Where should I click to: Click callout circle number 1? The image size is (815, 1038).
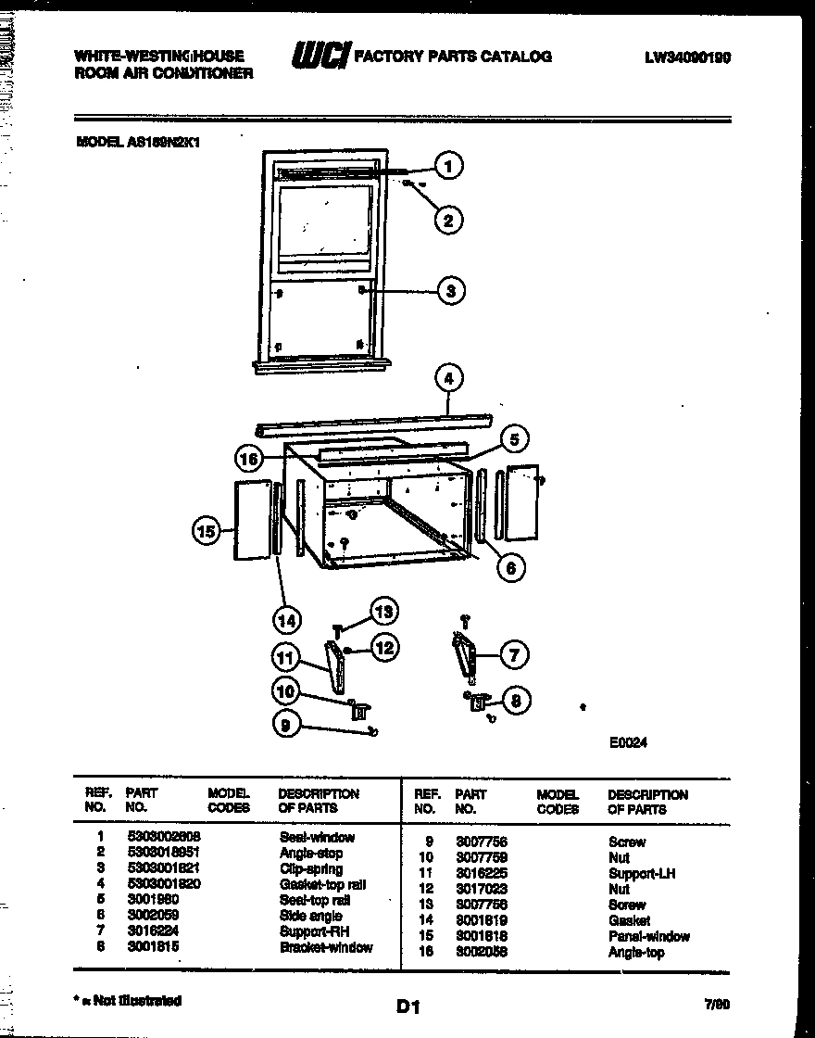pyautogui.click(x=448, y=167)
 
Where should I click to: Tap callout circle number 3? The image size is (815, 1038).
pyautogui.click(x=450, y=291)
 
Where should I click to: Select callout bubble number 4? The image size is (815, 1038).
pyautogui.click(x=448, y=378)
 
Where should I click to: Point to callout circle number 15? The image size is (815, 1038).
pyautogui.click(x=206, y=531)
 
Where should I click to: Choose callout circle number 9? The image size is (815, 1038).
pyautogui.click(x=287, y=727)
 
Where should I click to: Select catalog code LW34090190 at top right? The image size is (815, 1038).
pyautogui.click(x=687, y=57)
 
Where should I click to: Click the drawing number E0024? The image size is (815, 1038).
pyautogui.click(x=628, y=741)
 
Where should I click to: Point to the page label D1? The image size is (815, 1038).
pyautogui.click(x=408, y=1006)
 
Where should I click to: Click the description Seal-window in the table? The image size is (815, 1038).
pyautogui.click(x=317, y=837)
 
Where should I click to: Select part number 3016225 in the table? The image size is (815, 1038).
pyautogui.click(x=481, y=873)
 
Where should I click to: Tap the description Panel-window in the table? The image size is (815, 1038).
pyautogui.click(x=648, y=936)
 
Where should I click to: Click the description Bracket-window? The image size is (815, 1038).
pyautogui.click(x=326, y=947)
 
